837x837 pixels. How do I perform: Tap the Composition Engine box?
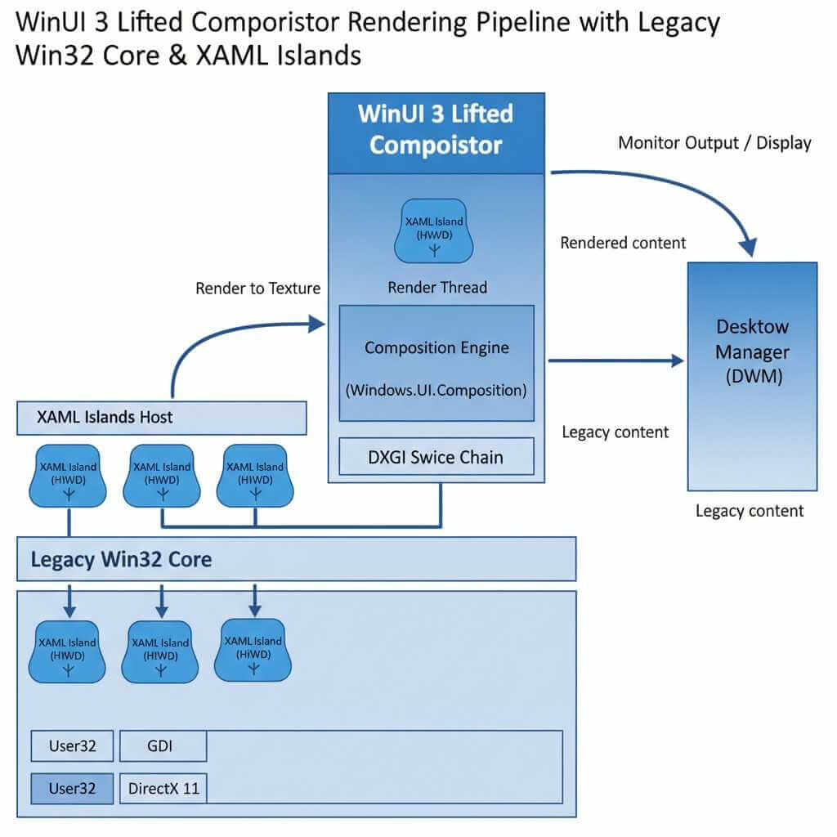click(436, 363)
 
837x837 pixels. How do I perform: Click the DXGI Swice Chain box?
click(436, 456)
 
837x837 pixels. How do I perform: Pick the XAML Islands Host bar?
click(162, 417)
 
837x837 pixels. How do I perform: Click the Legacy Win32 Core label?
click(121, 559)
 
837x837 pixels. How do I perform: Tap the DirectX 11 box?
click(163, 789)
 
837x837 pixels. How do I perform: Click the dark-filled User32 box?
click(72, 789)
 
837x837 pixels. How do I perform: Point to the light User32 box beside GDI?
click(72, 745)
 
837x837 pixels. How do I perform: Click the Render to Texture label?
click(257, 288)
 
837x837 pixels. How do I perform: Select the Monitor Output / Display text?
click(714, 143)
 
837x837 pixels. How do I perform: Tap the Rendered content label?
click(623, 243)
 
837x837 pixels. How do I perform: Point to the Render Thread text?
click(436, 287)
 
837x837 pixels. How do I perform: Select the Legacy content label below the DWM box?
click(749, 511)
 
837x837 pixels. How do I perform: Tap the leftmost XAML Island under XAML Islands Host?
click(69, 477)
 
